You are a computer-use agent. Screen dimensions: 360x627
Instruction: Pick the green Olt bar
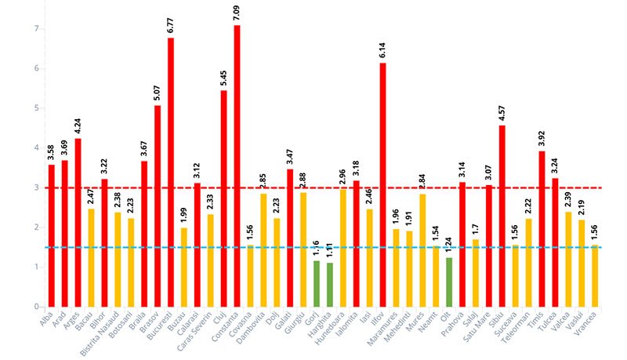point(449,282)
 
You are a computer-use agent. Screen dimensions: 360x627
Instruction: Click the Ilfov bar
point(382,185)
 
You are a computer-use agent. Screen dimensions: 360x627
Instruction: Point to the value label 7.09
point(237,13)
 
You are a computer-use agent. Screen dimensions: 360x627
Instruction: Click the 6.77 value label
point(171,25)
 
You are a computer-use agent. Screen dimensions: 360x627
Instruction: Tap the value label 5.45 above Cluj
point(223,78)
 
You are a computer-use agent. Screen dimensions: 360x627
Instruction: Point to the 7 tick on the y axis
point(37,29)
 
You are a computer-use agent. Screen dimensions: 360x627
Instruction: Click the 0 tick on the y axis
point(37,307)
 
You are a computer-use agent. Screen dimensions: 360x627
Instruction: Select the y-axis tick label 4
point(37,148)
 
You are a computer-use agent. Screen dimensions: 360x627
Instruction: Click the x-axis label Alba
point(47,322)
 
